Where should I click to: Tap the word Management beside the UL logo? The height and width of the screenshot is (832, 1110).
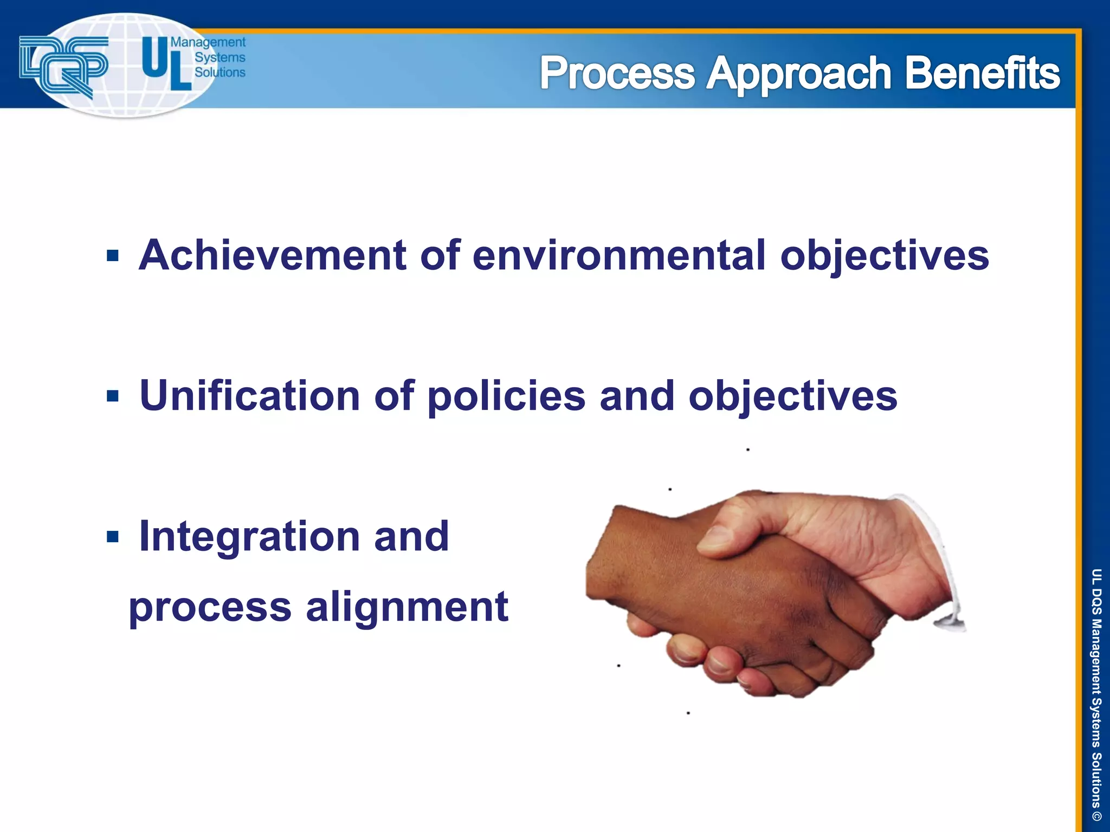(x=208, y=42)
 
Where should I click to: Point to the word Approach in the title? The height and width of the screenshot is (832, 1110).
(x=799, y=74)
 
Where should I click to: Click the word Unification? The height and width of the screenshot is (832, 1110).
(x=249, y=396)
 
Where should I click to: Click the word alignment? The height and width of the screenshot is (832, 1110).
(x=407, y=607)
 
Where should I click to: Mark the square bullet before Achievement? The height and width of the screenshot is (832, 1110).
(x=113, y=256)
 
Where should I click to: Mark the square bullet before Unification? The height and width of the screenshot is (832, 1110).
(x=113, y=396)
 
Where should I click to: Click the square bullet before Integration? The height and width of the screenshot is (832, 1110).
(x=113, y=537)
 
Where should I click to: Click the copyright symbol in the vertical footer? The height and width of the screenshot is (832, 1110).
(x=1096, y=816)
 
